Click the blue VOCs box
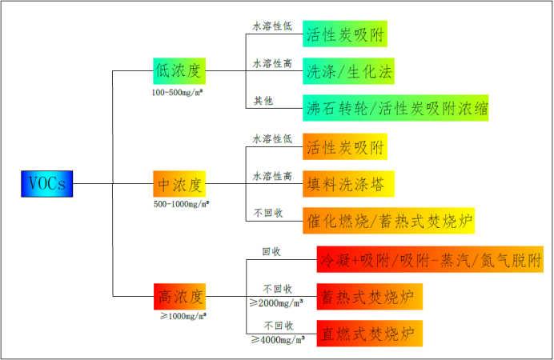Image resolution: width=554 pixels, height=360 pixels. coord(47,184)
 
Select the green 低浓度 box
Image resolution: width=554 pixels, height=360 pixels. coord(179,71)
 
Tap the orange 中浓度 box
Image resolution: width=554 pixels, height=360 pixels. coord(179,184)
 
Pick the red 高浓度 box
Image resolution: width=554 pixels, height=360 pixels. coord(179,297)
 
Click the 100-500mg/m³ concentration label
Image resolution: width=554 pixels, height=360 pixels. coord(177,93)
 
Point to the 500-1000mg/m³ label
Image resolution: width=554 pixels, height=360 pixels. coord(181,204)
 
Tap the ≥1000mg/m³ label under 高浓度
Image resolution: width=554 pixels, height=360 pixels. coord(183,316)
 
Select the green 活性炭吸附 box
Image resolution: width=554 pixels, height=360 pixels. coord(345,34)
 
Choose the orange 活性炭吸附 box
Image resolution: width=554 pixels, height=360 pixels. coord(345,146)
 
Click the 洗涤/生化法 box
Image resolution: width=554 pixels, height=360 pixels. coord(348,71)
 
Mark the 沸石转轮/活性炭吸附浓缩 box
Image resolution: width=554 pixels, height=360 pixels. coord(395,108)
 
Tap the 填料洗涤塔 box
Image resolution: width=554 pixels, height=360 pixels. coord(348,184)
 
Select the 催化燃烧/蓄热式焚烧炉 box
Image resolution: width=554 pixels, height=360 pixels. coord(388,221)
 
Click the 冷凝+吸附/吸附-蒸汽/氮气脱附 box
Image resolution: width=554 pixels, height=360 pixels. coord(430,259)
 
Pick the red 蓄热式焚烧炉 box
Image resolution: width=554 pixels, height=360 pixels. coord(370,297)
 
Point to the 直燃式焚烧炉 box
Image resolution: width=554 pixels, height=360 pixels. coord(370,334)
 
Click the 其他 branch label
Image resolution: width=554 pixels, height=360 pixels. coord(263,101)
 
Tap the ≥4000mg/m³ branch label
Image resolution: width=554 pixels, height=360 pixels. coord(278,339)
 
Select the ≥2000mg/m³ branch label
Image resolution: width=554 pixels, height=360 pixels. coord(276,303)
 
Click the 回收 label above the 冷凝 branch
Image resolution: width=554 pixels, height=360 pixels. coord(271,251)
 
